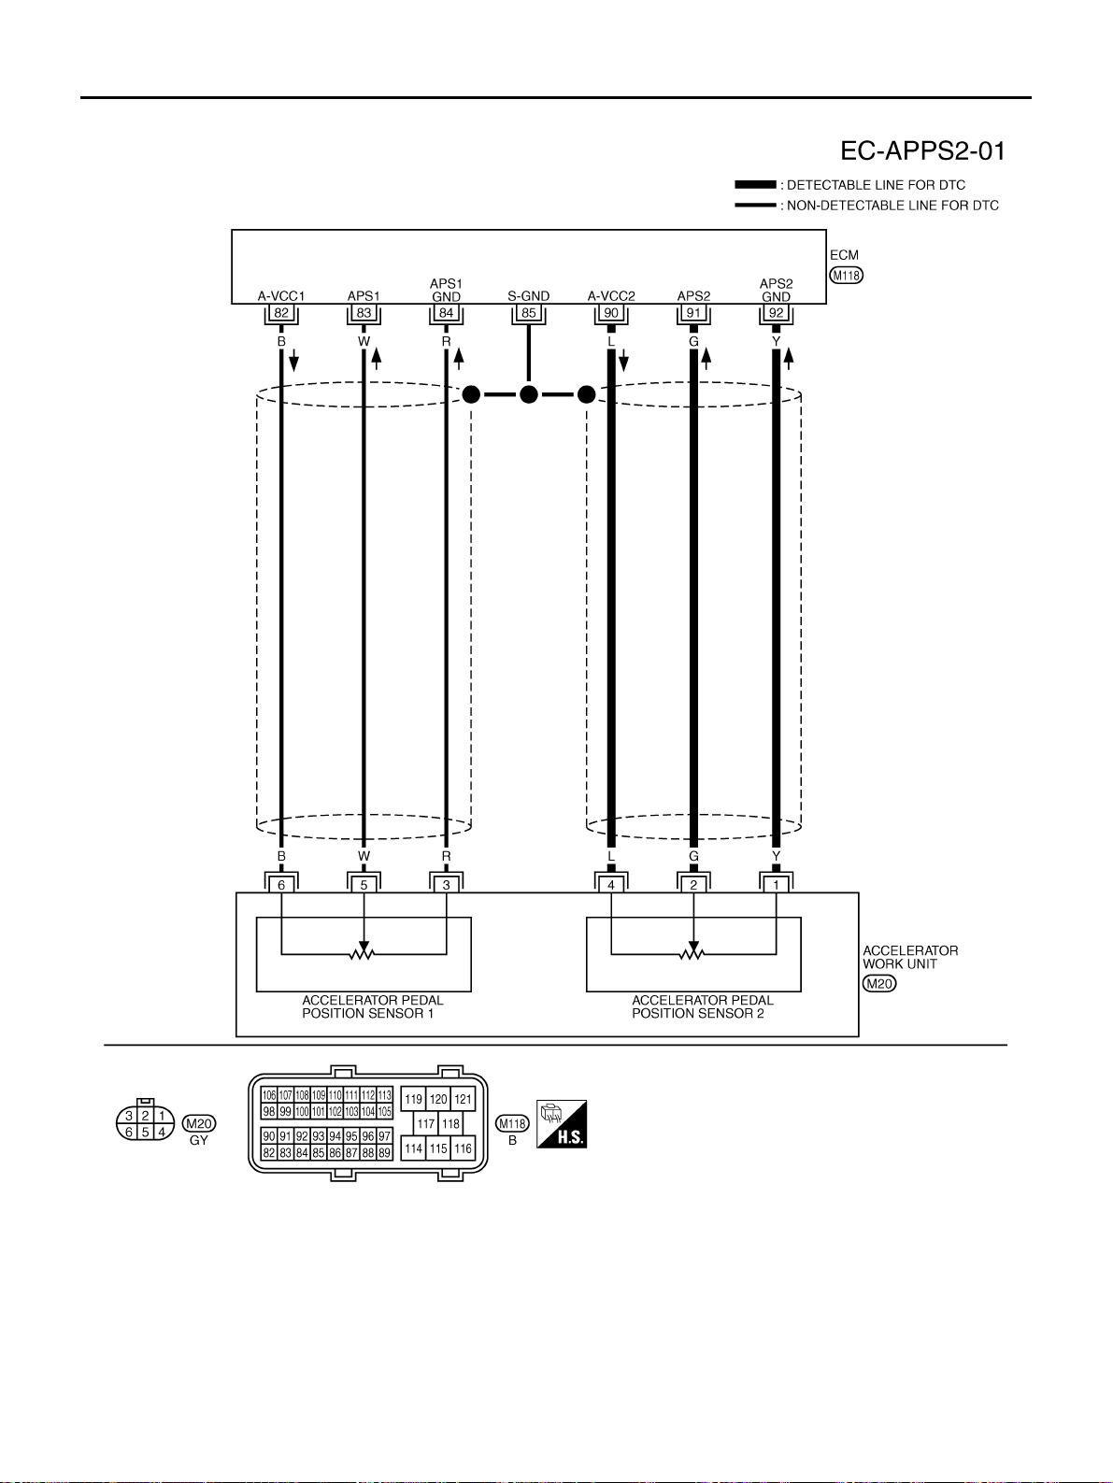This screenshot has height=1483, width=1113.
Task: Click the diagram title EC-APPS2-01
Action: pyautogui.click(x=922, y=150)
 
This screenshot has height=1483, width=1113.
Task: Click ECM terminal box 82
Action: pyautogui.click(x=281, y=313)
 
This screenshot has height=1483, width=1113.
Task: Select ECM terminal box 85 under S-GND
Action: pyautogui.click(x=529, y=313)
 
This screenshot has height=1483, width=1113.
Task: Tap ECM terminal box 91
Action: pyautogui.click(x=693, y=313)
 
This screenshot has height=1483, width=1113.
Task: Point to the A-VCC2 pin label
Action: pyautogui.click(x=611, y=296)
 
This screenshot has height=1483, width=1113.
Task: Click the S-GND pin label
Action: pyautogui.click(x=529, y=296)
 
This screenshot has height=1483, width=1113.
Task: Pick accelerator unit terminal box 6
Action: pyautogui.click(x=281, y=884)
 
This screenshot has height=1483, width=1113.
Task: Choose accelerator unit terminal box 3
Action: pyautogui.click(x=447, y=884)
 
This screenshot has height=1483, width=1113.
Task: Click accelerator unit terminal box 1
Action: pyautogui.click(x=776, y=884)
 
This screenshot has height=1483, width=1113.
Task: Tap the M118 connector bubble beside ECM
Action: pyautogui.click(x=847, y=275)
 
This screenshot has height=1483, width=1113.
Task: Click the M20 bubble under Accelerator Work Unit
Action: pyautogui.click(x=879, y=983)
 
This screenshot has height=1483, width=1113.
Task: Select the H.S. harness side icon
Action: pyautogui.click(x=562, y=1123)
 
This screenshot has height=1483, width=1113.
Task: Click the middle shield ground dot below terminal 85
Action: pyautogui.click(x=529, y=394)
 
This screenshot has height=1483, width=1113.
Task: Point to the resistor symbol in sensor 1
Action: pyautogui.click(x=364, y=954)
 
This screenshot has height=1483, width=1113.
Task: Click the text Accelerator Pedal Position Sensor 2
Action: pyautogui.click(x=703, y=1006)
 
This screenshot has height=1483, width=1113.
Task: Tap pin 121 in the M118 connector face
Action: pyautogui.click(x=463, y=1099)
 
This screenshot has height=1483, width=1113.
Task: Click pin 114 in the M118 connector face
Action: pyautogui.click(x=413, y=1148)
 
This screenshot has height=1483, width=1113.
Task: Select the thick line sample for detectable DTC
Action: pyautogui.click(x=755, y=184)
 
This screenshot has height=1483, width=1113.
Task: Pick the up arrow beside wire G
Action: pyautogui.click(x=706, y=359)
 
